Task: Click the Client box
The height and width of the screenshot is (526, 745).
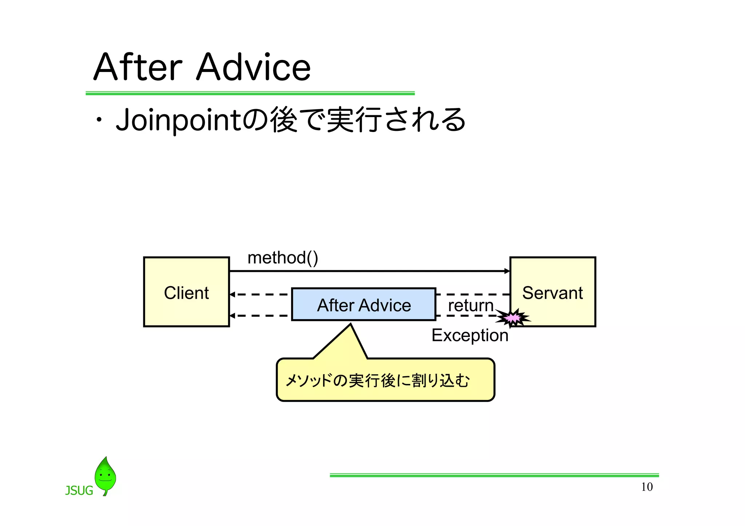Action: click(x=186, y=292)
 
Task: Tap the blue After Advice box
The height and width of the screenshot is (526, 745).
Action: click(x=363, y=305)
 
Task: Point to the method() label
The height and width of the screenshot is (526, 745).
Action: click(x=283, y=258)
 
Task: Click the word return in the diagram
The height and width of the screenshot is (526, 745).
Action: click(x=470, y=305)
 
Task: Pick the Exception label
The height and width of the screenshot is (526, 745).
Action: click(x=470, y=335)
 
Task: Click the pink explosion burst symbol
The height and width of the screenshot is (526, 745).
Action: click(x=513, y=318)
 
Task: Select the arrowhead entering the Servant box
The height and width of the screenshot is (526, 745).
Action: click(x=507, y=271)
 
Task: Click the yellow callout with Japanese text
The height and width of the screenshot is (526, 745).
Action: click(x=385, y=380)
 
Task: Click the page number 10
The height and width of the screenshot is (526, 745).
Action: click(x=646, y=487)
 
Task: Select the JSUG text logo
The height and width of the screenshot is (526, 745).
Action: click(x=79, y=491)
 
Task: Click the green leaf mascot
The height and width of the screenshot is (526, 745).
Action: click(x=105, y=475)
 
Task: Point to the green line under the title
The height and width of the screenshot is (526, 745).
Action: click(x=250, y=93)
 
